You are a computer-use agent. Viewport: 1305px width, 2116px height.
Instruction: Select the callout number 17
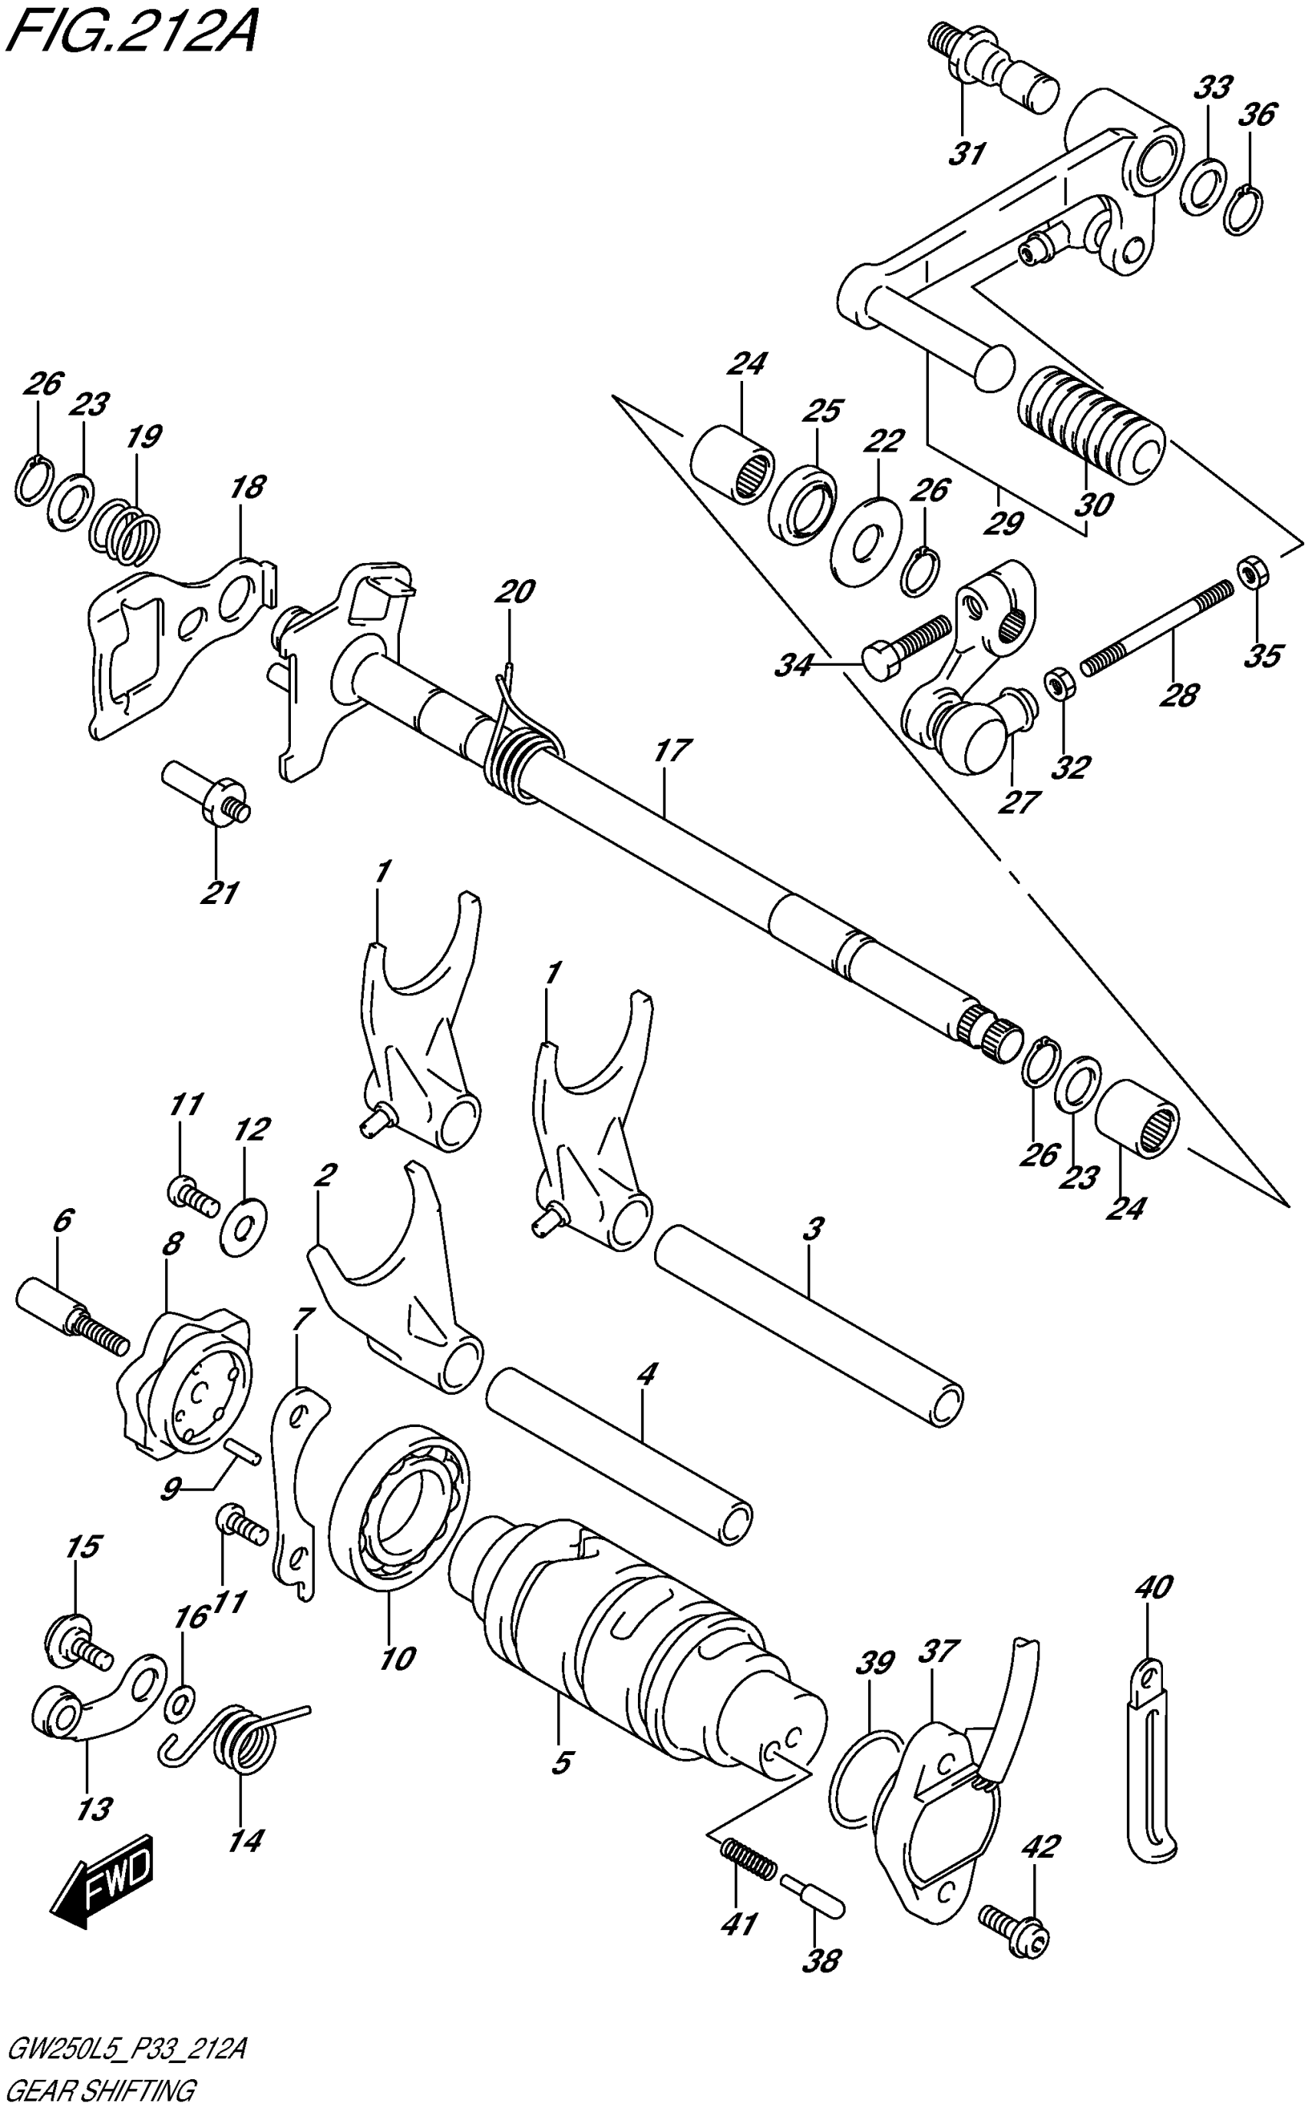pos(671,750)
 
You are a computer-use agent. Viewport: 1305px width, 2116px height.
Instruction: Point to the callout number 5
pos(561,1760)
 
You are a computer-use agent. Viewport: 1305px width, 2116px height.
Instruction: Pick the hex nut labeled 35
pos(1251,571)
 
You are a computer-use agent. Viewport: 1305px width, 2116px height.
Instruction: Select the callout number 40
pos(1155,1586)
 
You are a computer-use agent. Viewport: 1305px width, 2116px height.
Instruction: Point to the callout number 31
pos(967,154)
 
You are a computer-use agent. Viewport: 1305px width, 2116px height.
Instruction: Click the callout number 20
pos(514,591)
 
